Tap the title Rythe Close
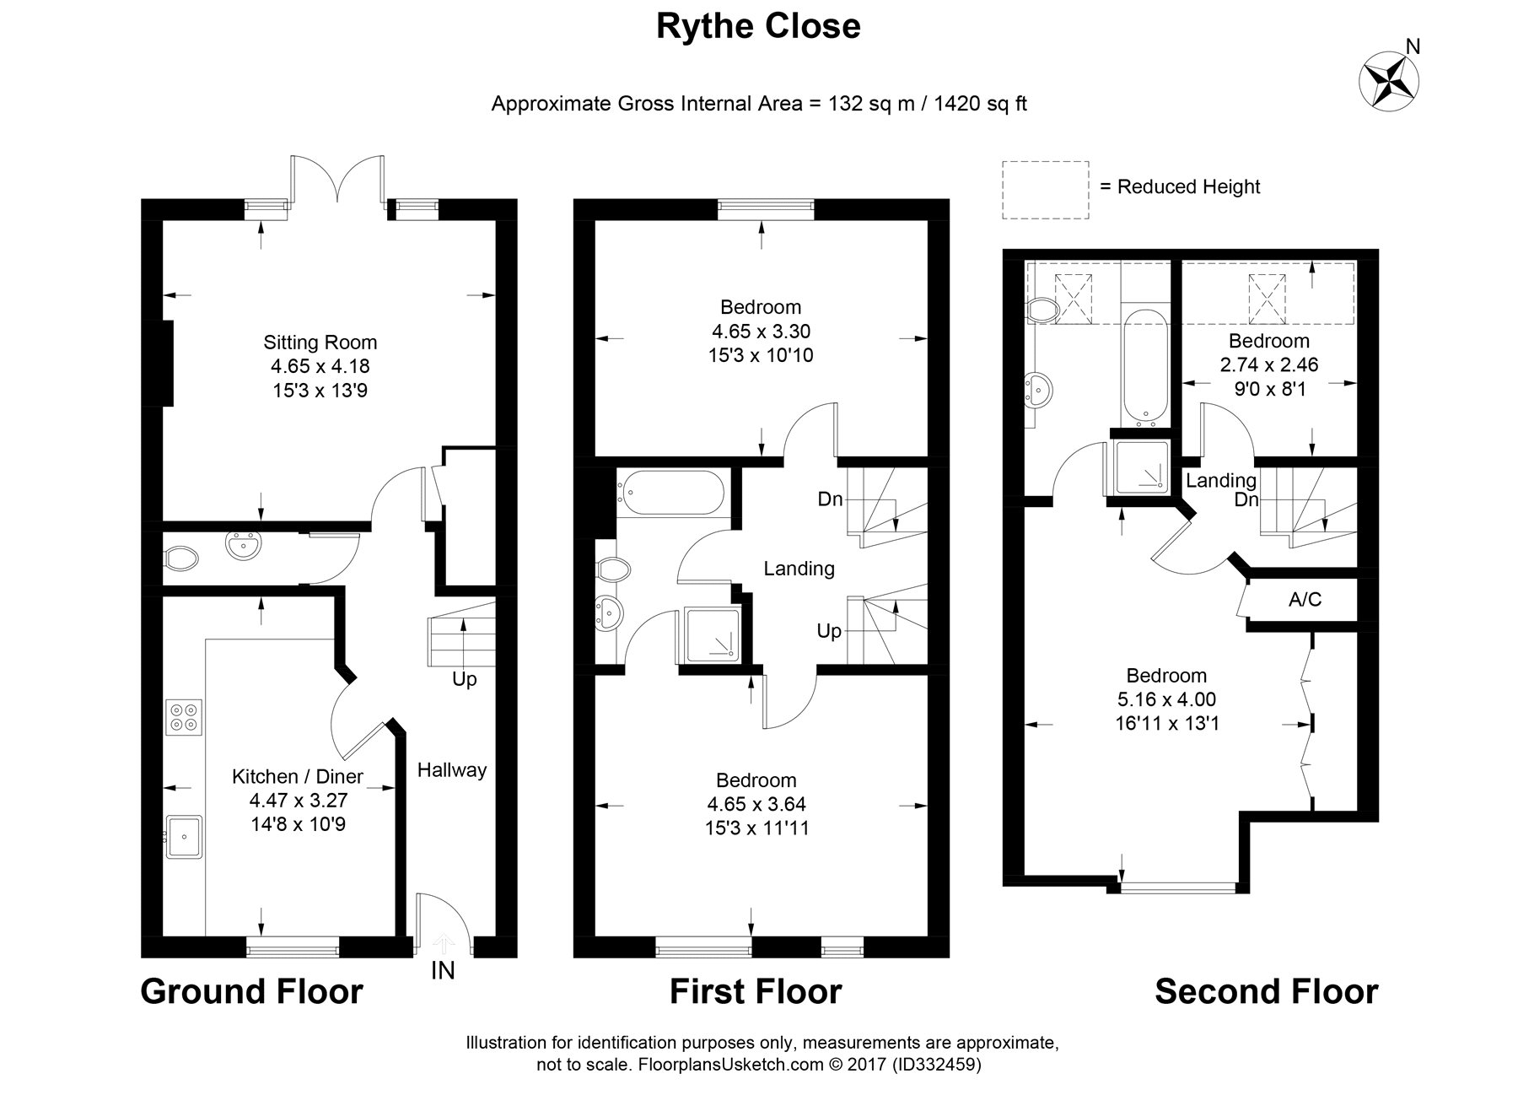[x=758, y=26]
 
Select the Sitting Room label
[x=320, y=343]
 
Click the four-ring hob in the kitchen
[x=184, y=716]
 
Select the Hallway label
[x=452, y=769]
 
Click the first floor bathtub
[x=671, y=495]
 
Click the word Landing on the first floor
[x=799, y=569]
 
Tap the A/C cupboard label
[x=1305, y=600]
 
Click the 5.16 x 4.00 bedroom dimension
[x=1166, y=699]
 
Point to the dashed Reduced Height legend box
[x=1045, y=190]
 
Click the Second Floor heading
[x=1266, y=991]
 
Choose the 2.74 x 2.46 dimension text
[x=1268, y=365]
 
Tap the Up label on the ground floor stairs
[x=465, y=679]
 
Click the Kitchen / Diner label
[x=298, y=776]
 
